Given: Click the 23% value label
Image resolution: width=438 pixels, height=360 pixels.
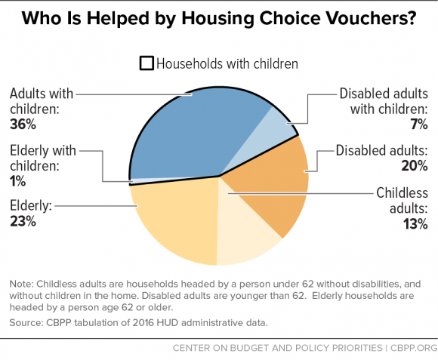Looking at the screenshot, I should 23,222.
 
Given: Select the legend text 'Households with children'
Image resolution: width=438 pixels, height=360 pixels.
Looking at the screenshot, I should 227,63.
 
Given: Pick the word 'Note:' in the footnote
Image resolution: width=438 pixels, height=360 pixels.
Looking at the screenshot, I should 23,284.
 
